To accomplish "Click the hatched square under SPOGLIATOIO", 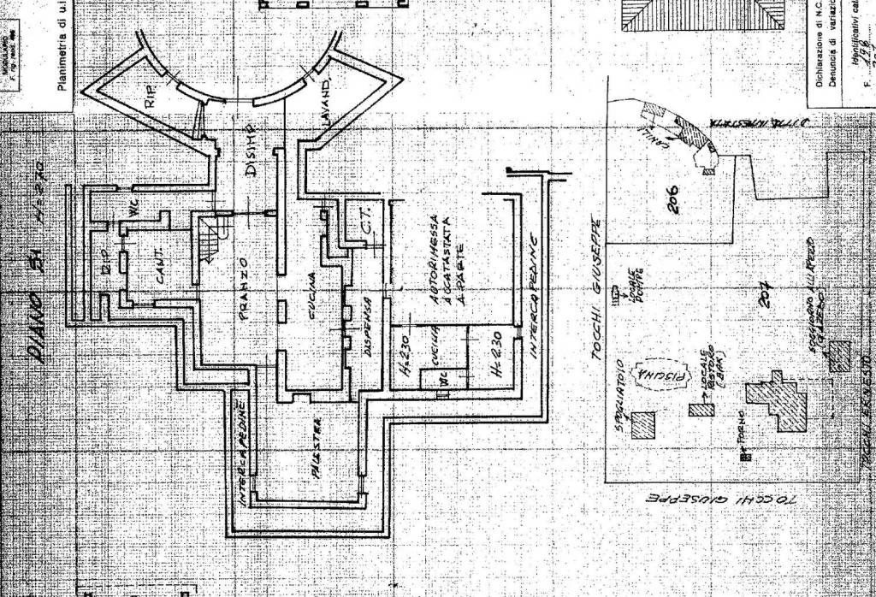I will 643,425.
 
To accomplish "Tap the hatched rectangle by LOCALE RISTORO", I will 701,410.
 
